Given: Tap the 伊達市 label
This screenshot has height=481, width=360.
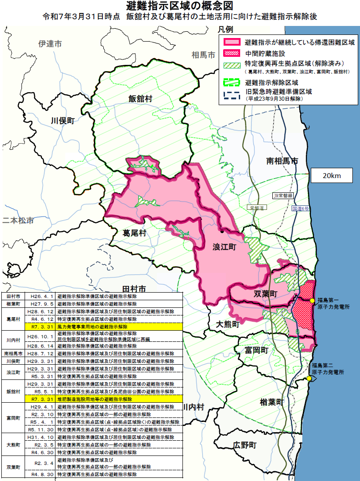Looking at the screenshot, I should [50, 44].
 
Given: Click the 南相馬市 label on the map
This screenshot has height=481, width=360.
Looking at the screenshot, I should [282, 161].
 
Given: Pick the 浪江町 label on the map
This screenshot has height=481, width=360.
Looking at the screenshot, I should [224, 247].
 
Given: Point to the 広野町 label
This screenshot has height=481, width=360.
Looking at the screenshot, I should [245, 445].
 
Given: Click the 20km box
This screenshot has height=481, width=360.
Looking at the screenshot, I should [331, 176].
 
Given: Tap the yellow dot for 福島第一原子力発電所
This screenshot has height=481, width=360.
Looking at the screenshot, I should [312, 300].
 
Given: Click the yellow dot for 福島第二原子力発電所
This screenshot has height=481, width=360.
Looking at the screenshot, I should [309, 379].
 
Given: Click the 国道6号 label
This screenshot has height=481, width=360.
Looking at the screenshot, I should [301, 209].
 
